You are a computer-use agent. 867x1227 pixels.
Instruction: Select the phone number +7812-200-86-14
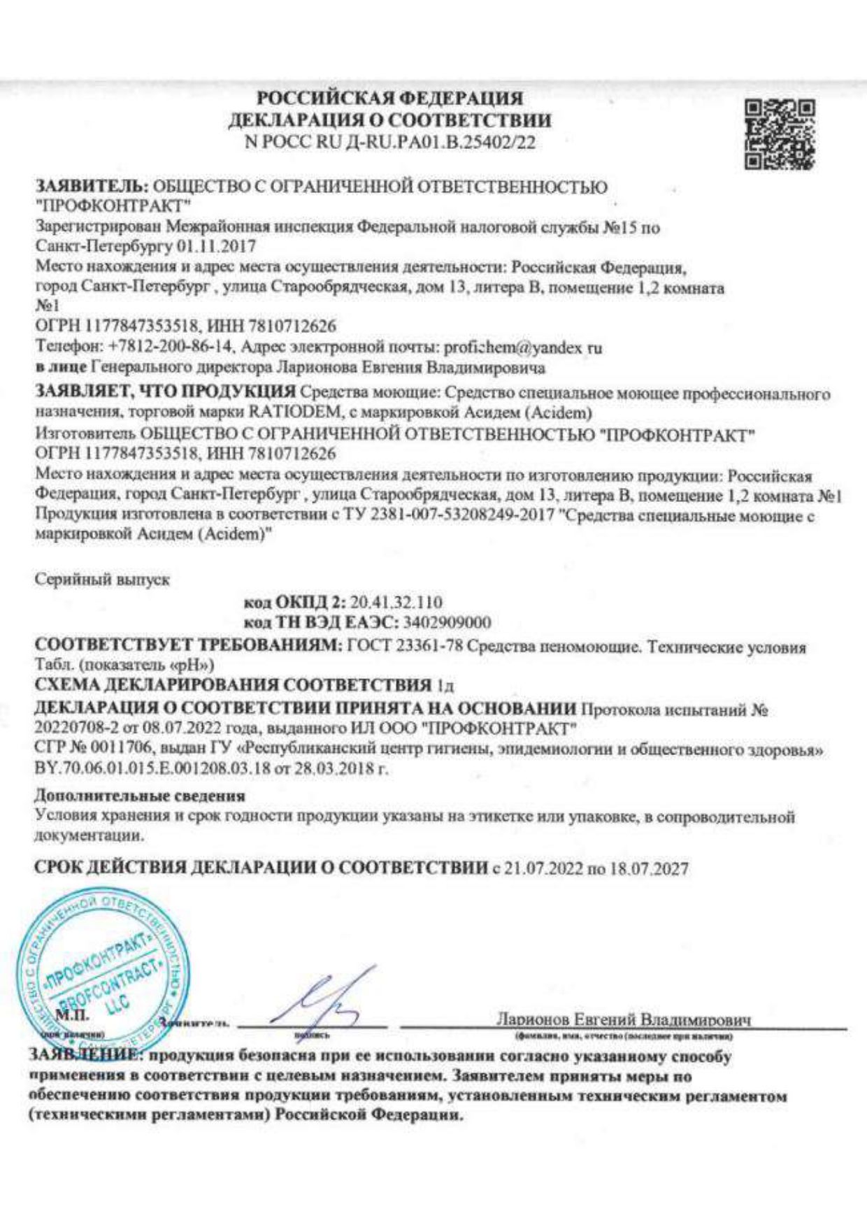(175, 347)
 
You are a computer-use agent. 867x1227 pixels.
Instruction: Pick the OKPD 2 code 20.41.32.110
(396, 603)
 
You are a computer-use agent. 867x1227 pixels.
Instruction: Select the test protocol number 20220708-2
(76, 729)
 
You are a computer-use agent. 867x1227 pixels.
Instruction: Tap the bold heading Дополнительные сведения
(140, 796)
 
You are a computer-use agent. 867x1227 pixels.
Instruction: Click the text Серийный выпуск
(102, 580)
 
